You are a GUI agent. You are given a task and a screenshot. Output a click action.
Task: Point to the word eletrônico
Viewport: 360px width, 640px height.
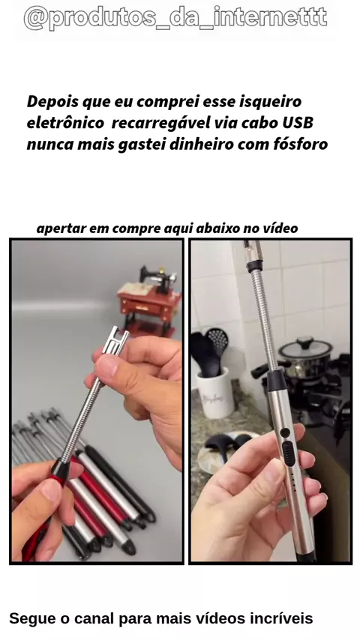click(x=65, y=122)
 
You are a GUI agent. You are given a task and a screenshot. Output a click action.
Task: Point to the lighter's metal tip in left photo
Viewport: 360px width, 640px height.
click(x=115, y=342)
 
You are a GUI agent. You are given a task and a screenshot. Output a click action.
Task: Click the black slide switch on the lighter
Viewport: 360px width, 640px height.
click(x=289, y=453)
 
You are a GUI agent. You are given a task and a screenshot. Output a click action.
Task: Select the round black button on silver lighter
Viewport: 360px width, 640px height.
click(x=285, y=432)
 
